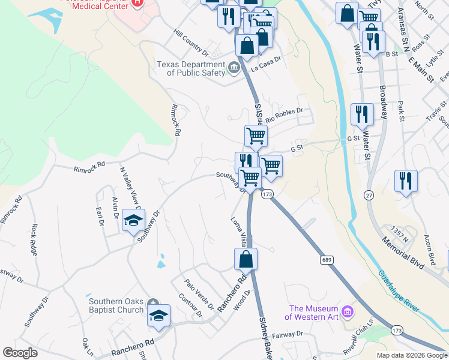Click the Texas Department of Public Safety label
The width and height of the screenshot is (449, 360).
[190, 68]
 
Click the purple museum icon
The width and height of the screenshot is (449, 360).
[348, 311]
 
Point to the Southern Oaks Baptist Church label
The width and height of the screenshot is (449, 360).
[116, 306]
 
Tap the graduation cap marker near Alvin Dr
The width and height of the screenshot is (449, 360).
[133, 220]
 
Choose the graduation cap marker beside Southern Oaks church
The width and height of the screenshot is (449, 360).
[158, 316]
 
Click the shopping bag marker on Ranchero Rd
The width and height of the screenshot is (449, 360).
[246, 259]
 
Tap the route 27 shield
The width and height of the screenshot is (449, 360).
[369, 195]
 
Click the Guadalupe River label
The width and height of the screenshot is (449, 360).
[398, 290]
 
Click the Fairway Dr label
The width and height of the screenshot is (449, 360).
[288, 335]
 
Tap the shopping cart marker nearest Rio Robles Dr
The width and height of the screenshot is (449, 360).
[256, 136]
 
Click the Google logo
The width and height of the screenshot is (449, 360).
[20, 353]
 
